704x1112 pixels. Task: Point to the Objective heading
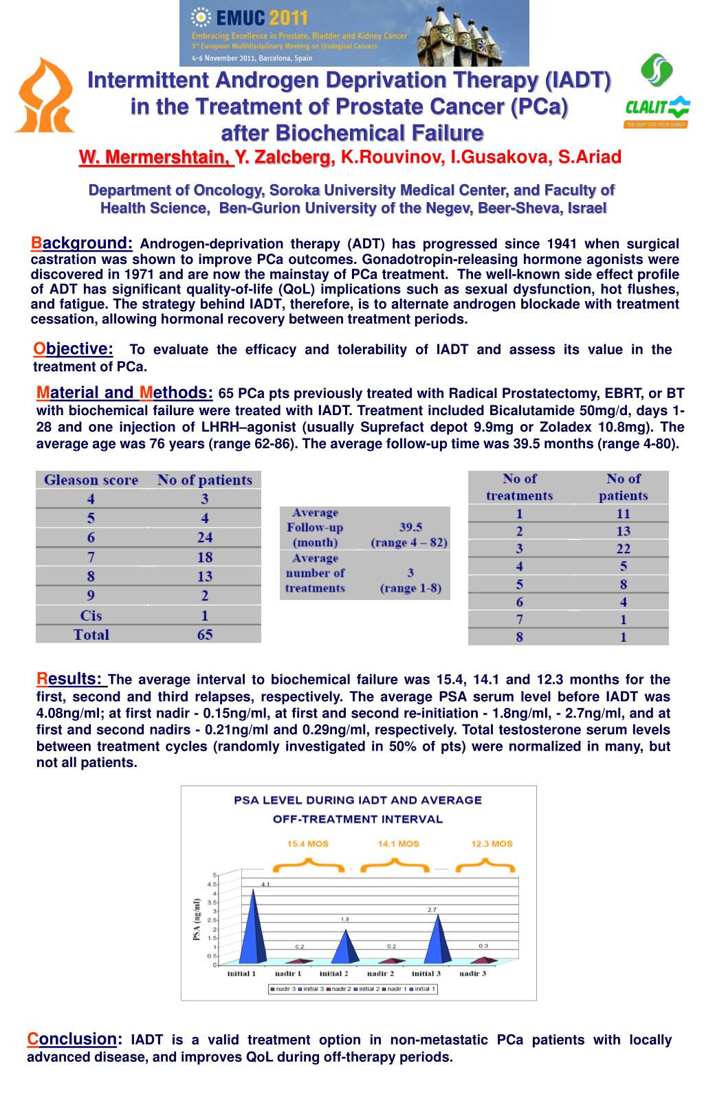(x=74, y=349)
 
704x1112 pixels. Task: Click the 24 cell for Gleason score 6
(x=204, y=537)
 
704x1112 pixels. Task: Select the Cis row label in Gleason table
(x=91, y=615)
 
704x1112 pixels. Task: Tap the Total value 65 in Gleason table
(x=204, y=634)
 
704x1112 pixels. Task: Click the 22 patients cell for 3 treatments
(x=623, y=548)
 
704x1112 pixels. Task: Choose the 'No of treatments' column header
(x=519, y=487)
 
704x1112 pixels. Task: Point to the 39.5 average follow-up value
(x=410, y=527)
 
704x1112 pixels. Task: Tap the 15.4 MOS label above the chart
(x=307, y=843)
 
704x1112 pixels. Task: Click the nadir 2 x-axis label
(x=380, y=973)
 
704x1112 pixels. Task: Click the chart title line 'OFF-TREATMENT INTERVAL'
(x=357, y=819)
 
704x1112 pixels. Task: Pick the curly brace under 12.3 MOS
(x=492, y=863)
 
